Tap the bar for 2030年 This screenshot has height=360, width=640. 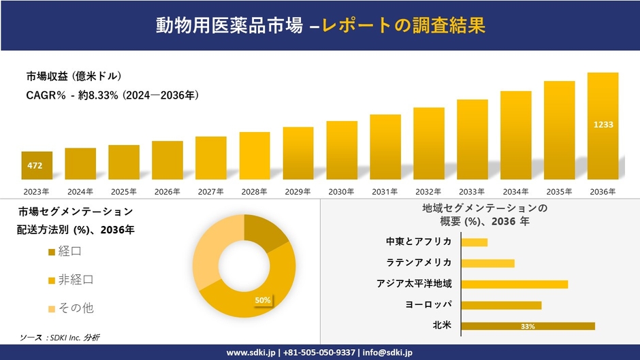pos(342,150)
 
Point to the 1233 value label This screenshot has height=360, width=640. pos(603,125)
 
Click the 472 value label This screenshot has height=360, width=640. pos(35,166)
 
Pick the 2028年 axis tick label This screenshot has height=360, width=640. pos(254,192)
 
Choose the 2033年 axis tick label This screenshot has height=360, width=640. pos(472,192)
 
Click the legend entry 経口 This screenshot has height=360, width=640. pos(69,252)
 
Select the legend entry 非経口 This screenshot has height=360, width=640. pos(75,280)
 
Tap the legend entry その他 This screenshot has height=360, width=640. pos(75,308)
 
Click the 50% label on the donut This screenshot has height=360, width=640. pos(263,300)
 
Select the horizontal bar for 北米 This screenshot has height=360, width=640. pos(528,326)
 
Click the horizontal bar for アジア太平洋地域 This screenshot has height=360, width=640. pos(514,284)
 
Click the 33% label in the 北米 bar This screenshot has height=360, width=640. pos(528,327)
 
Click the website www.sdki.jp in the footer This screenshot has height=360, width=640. pos(251,353)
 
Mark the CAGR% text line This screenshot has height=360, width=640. pos(112,96)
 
